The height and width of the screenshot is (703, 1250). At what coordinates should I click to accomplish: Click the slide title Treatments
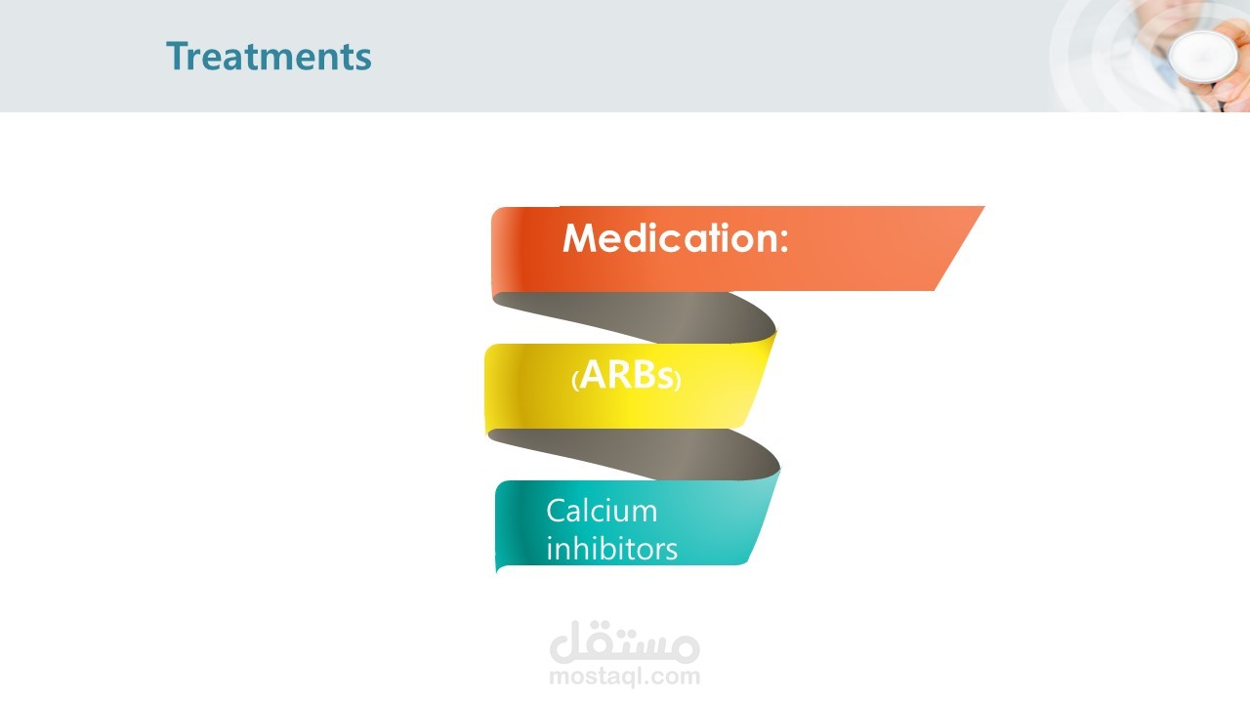click(x=269, y=57)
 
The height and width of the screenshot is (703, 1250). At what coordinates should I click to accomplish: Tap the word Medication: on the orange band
click(x=675, y=237)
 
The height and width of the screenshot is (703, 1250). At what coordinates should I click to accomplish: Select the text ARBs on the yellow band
click(x=626, y=374)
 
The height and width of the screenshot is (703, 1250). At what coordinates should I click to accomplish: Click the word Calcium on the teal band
click(x=602, y=511)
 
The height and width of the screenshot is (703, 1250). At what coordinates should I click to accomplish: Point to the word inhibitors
click(x=611, y=548)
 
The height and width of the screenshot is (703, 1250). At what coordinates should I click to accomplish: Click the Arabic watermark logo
click(x=624, y=641)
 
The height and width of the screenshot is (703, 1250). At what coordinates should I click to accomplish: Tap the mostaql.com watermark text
click(x=624, y=676)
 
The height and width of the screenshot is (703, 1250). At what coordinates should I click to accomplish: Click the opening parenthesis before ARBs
click(x=575, y=381)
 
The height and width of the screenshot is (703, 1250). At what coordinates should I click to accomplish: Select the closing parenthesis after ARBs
click(x=678, y=381)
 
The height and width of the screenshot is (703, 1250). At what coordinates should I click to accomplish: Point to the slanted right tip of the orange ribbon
click(x=983, y=207)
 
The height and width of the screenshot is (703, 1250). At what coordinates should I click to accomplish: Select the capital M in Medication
click(x=579, y=238)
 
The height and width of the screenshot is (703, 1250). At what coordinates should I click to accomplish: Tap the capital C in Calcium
click(x=557, y=511)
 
